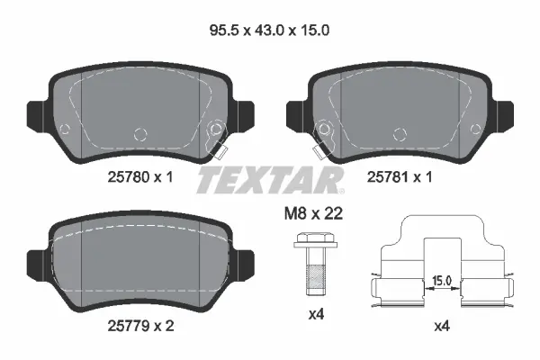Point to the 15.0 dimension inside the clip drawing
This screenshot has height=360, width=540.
[441, 281]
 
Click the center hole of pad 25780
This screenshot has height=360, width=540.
[139, 134]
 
